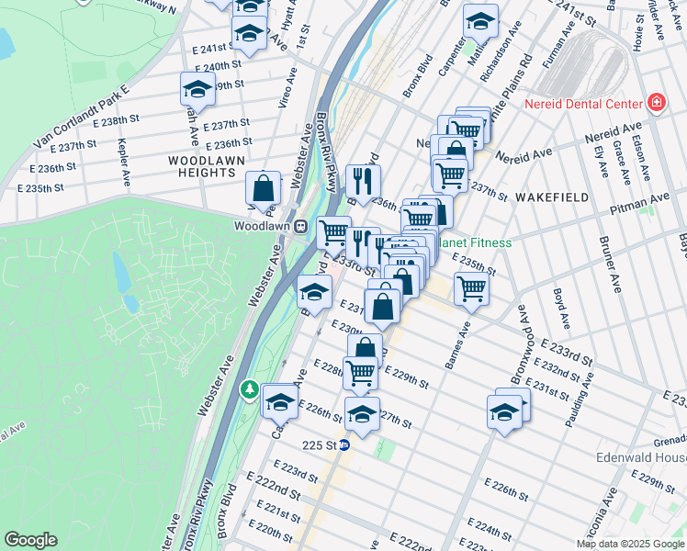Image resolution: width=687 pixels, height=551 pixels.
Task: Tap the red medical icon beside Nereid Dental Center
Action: coord(656,103)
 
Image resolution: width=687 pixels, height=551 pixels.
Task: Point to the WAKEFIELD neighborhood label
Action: coord(550,197)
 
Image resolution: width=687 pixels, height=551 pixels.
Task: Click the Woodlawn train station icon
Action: coord(299,226)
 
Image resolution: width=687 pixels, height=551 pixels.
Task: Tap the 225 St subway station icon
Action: coord(344,445)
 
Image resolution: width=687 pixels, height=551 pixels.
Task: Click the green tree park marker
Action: coord(249,390)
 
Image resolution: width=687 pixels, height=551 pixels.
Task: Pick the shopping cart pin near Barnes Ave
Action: coord(471,287)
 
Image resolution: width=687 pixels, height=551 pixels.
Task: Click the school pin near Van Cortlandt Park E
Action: coord(197,89)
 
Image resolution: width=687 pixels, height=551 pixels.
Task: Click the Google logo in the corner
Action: coord(31,540)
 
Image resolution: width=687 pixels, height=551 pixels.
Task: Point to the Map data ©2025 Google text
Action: coord(630,544)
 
